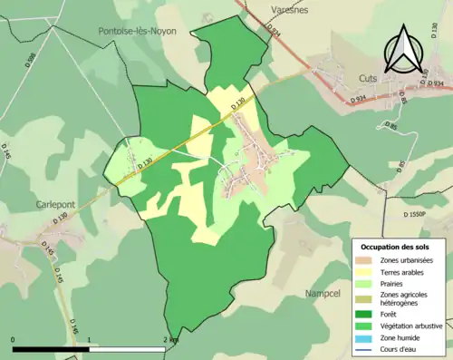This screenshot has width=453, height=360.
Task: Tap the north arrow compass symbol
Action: click(x=401, y=50)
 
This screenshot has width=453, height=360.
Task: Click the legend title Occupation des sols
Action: click(x=396, y=247)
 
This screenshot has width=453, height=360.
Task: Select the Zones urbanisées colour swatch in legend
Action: click(x=365, y=261)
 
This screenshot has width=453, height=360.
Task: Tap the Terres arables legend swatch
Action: click(x=365, y=272)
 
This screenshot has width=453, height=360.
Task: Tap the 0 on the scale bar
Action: click(x=14, y=340)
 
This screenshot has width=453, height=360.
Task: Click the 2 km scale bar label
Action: click(x=171, y=340)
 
